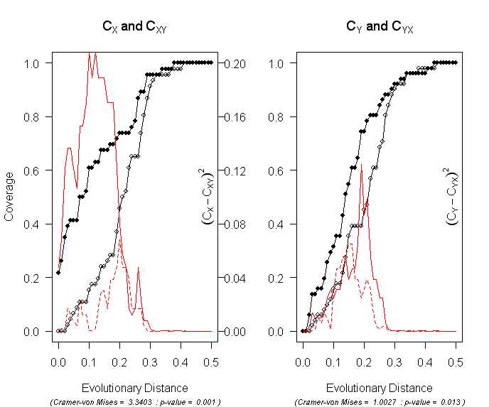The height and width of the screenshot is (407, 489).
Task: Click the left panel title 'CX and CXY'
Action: tap(134, 28)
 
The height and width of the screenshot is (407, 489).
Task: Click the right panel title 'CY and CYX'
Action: tap(380, 28)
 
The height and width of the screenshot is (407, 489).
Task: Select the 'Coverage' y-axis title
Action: tap(9, 197)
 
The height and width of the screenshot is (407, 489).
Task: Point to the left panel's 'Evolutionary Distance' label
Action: tap(135, 388)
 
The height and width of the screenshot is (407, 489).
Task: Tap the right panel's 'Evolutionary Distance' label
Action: tap(379, 388)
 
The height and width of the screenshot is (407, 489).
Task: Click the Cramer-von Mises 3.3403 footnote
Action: tap(135, 402)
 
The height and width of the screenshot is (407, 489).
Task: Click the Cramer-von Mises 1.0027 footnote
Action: tap(380, 402)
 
